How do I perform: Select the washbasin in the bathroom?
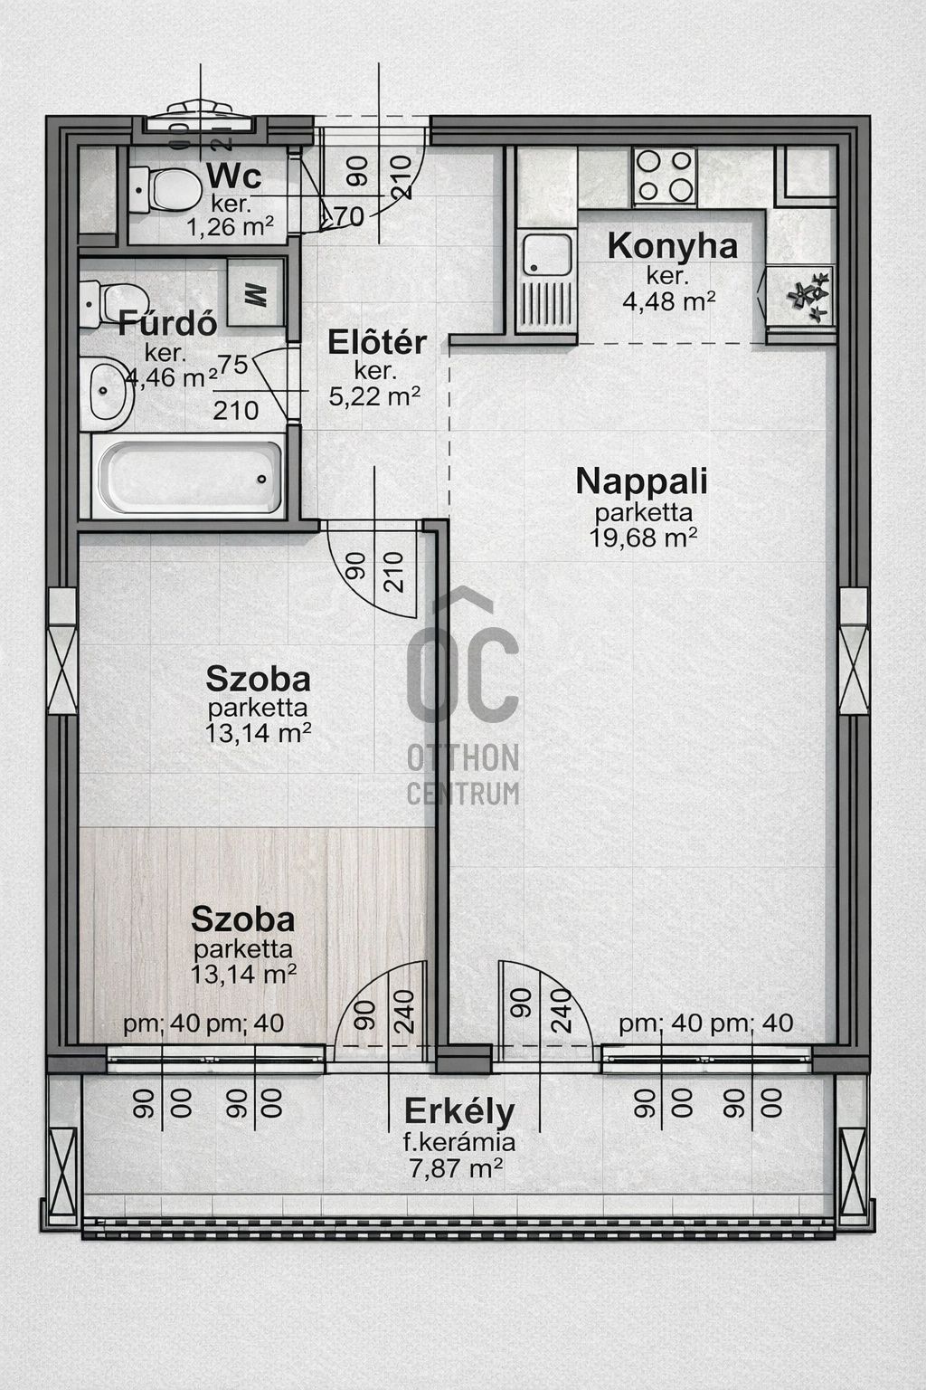click(x=108, y=392)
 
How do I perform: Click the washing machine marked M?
click(x=255, y=293)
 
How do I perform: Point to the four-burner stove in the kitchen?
click(x=664, y=176)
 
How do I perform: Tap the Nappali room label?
click(x=641, y=481)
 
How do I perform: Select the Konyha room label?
click(x=672, y=245)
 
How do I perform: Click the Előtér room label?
click(x=376, y=342)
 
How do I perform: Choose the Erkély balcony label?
click(x=459, y=1110)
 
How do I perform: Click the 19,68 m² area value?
click(x=643, y=538)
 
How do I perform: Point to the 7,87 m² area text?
click(x=456, y=1168)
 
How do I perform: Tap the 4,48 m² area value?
click(x=668, y=300)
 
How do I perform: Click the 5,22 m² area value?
click(x=374, y=396)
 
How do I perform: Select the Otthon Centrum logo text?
click(x=463, y=774)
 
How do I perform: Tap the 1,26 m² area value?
click(x=230, y=226)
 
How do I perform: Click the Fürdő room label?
click(x=167, y=323)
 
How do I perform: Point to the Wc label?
click(x=233, y=175)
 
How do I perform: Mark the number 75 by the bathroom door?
click(x=232, y=365)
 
